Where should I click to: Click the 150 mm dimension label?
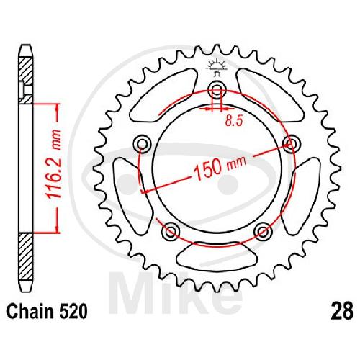click(220, 166)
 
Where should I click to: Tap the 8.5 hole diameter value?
click(234, 121)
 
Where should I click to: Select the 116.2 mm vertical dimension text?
click(53, 164)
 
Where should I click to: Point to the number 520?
click(73, 311)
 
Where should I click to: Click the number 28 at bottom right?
click(342, 311)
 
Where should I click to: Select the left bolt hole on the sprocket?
click(143, 145)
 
